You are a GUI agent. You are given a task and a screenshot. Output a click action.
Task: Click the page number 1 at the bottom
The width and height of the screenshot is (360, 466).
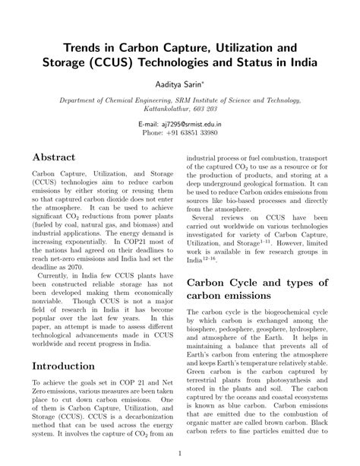(x=180, y=455)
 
